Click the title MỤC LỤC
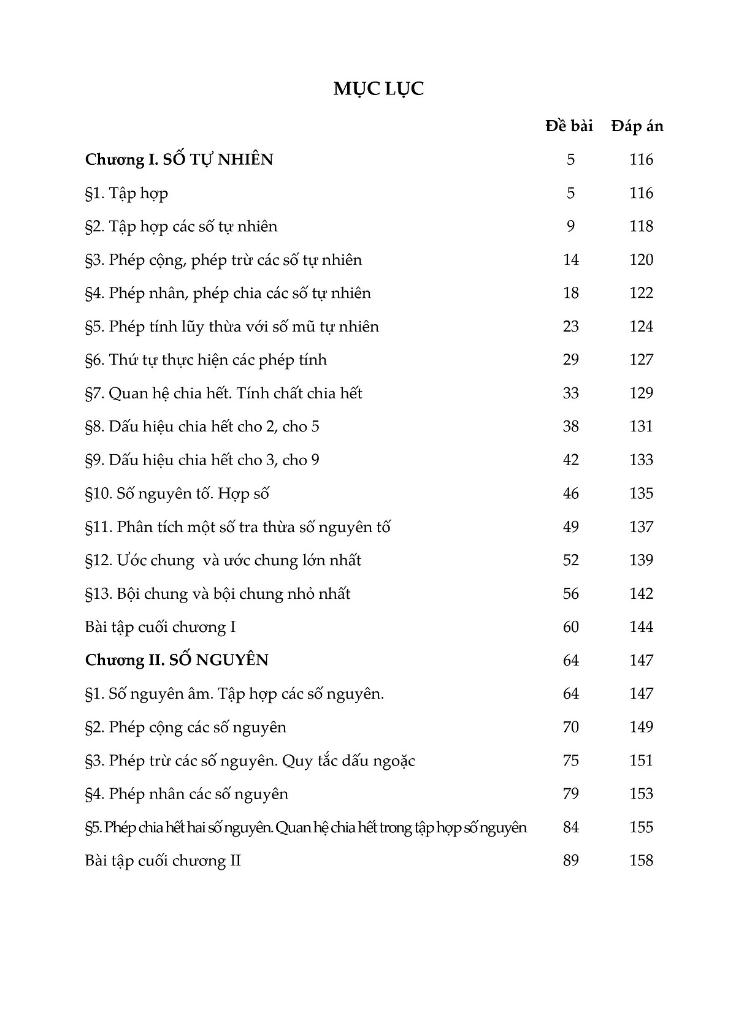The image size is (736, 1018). click(378, 89)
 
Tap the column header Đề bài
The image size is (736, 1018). click(569, 126)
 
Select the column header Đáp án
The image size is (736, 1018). click(637, 126)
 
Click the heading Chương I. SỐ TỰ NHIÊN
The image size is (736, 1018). click(179, 160)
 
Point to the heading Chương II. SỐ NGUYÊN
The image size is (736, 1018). click(177, 660)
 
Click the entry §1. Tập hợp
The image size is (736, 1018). click(126, 193)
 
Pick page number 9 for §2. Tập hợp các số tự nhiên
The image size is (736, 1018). click(570, 226)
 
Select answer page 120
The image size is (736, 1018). click(641, 260)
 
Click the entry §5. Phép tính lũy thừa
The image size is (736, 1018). click(232, 327)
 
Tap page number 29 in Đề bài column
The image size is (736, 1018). click(570, 360)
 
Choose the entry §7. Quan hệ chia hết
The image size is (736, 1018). click(224, 393)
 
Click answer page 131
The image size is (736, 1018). click(641, 427)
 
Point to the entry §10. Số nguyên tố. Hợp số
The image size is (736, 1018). click(178, 493)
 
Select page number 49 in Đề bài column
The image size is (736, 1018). click(570, 526)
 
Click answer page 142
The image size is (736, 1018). click(641, 593)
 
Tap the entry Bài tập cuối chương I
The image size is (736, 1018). click(161, 627)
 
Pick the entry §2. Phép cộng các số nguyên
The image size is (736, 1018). click(186, 727)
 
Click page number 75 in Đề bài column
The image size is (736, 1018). click(570, 761)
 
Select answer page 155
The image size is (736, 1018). click(641, 827)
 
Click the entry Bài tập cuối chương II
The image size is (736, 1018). click(163, 860)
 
